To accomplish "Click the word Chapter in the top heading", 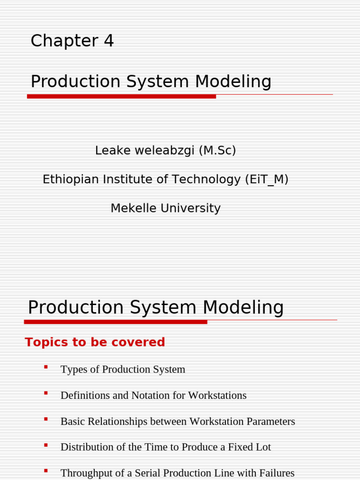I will [58, 42].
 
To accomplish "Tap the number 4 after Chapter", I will [108, 41].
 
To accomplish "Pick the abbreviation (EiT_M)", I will [267, 180].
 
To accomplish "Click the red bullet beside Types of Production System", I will [46, 367].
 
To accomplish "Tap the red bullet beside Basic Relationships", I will [46, 420].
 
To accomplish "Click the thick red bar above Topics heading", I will [115, 322].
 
